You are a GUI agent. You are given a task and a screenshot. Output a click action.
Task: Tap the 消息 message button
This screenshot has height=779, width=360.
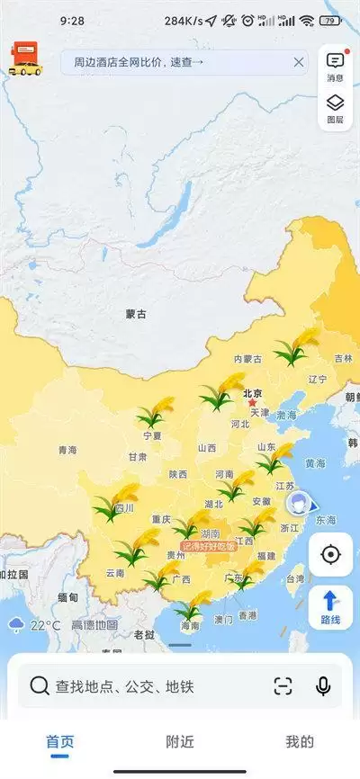pyautogui.click(x=335, y=66)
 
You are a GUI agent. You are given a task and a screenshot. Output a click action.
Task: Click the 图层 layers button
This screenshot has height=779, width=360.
pyautogui.click(x=335, y=110)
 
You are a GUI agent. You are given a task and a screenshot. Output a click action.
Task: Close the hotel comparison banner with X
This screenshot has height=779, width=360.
pyautogui.click(x=298, y=62)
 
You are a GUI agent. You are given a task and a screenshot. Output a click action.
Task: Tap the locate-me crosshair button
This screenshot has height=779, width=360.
pyautogui.click(x=330, y=554)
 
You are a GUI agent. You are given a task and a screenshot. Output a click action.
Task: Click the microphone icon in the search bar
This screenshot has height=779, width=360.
pyautogui.click(x=323, y=686)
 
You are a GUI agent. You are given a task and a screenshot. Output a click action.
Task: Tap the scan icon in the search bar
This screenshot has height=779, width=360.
pyautogui.click(x=283, y=686)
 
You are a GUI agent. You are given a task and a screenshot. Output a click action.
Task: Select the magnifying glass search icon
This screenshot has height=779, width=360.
pyautogui.click(x=40, y=686)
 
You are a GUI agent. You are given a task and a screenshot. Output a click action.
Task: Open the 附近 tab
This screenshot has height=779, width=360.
pyautogui.click(x=180, y=742)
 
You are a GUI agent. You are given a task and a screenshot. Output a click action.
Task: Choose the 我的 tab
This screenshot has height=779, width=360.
pyautogui.click(x=300, y=742)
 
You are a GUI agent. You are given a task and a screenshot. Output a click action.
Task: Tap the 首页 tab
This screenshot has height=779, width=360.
pyautogui.click(x=60, y=742)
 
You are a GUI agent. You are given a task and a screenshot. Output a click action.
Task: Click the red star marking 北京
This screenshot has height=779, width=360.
pyautogui.click(x=252, y=402)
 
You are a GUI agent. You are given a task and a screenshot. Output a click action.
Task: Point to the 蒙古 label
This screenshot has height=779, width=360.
pyautogui.click(x=136, y=314)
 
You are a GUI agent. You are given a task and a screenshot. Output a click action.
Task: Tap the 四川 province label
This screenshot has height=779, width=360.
pyautogui.click(x=123, y=508)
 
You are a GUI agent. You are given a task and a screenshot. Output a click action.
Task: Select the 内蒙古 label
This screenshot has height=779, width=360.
pyautogui.click(x=248, y=359)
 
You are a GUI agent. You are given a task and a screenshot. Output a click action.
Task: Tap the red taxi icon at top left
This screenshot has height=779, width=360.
pyautogui.click(x=24, y=59)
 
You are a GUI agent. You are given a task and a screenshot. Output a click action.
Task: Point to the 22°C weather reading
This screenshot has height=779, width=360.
pyautogui.click(x=45, y=625)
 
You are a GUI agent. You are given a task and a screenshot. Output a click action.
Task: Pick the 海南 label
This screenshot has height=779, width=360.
pyautogui.click(x=189, y=625)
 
